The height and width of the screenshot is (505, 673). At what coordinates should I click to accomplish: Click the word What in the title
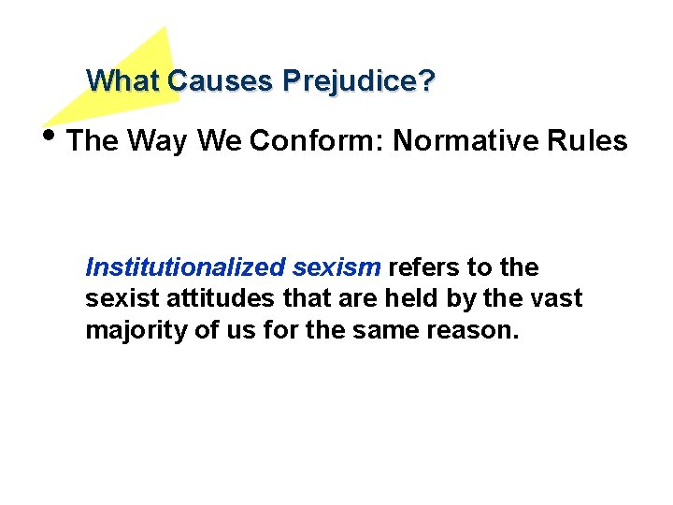123,81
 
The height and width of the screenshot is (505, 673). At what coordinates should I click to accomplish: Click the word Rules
591,141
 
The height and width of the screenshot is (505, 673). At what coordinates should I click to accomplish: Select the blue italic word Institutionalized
185,267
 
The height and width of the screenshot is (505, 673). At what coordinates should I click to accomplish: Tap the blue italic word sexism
336,267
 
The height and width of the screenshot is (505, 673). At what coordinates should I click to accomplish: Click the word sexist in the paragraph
117,299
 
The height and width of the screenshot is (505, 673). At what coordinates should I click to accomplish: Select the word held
422,299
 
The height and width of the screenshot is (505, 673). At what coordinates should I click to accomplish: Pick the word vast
558,299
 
